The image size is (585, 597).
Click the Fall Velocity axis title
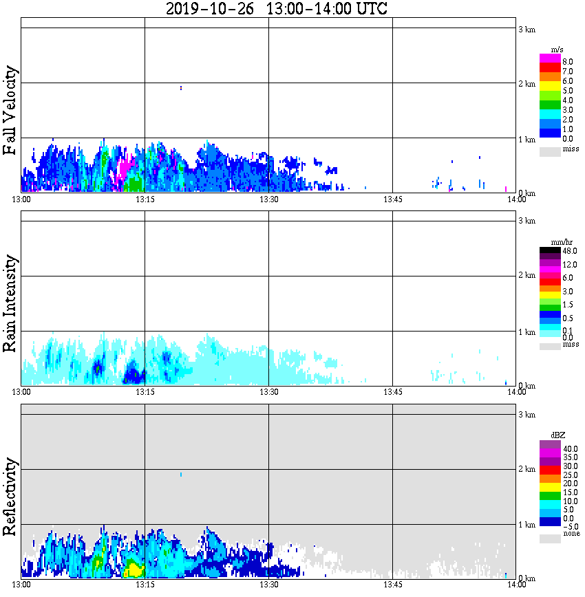pos(10,111)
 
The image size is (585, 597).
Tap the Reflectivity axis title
pos(10,498)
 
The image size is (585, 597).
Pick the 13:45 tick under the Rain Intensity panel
pos(392,392)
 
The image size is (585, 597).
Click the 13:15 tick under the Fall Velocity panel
pos(145,199)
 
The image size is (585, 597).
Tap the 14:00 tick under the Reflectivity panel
pos(516,585)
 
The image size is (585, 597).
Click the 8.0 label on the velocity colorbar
pos(568,61)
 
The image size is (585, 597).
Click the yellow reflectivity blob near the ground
pos(133,569)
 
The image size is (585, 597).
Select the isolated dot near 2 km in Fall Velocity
pos(180,87)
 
